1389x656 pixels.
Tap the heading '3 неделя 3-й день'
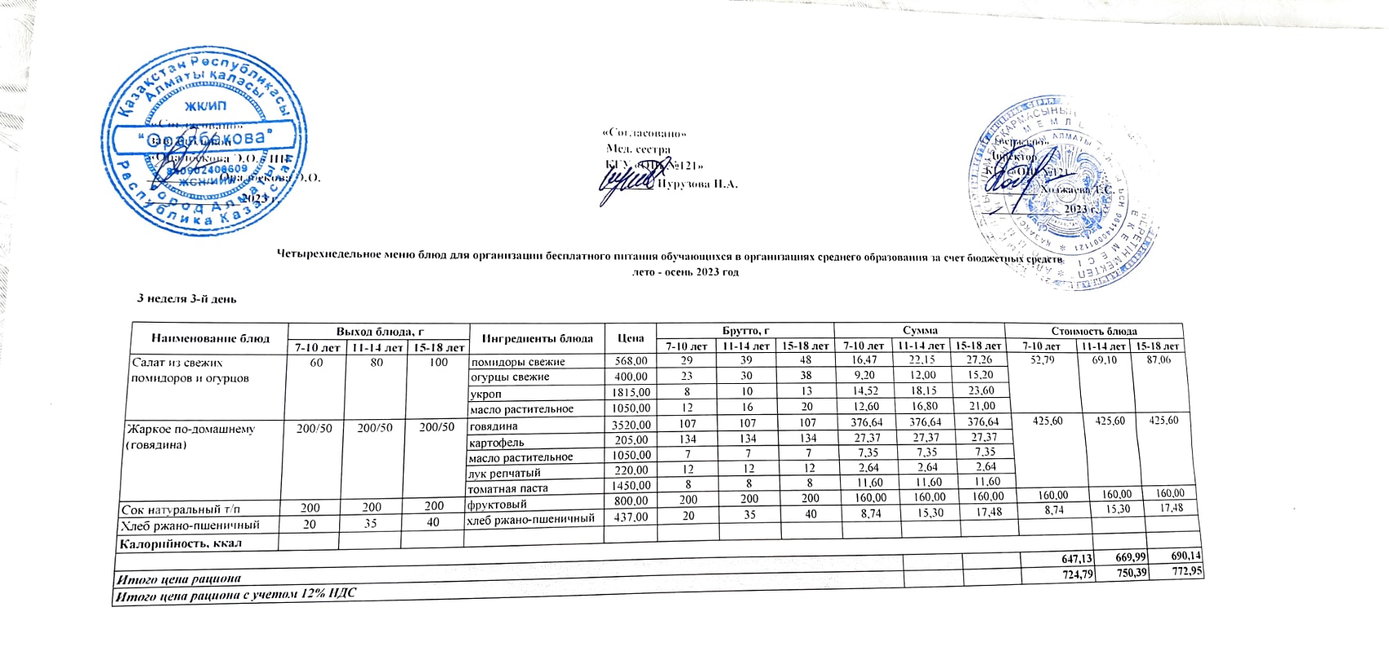point(187,299)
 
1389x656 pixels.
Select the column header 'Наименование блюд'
point(211,337)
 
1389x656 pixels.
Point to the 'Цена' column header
point(632,338)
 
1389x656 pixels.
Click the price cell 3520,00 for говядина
point(630,425)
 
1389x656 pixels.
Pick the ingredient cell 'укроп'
point(486,394)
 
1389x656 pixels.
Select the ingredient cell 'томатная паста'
point(507,489)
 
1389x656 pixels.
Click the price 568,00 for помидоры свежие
point(630,361)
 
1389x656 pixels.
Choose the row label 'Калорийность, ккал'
point(182,542)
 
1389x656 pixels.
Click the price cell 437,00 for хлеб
point(630,517)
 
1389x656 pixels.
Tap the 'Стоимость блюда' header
point(1094,331)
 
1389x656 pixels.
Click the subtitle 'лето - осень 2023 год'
point(686,272)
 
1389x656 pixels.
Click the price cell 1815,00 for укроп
point(630,393)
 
